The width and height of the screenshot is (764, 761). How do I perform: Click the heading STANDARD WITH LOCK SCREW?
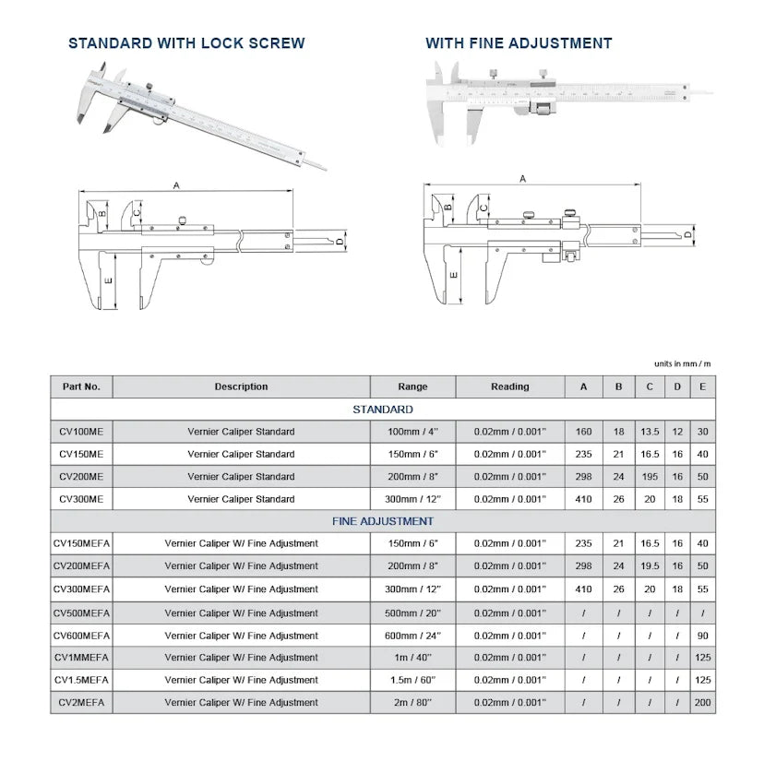click(x=186, y=43)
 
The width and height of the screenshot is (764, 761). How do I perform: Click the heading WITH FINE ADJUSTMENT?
click(x=518, y=43)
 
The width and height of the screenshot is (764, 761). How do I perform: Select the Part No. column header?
click(x=81, y=386)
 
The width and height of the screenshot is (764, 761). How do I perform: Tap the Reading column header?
click(x=509, y=386)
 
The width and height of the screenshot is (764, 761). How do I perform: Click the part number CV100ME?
click(x=81, y=432)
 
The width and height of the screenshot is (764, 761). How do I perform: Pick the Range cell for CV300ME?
click(x=412, y=499)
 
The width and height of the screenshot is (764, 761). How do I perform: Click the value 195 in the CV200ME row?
click(x=650, y=477)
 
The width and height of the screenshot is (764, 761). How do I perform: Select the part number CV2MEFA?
click(x=81, y=703)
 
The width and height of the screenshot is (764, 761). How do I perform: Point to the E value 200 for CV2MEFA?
click(x=702, y=703)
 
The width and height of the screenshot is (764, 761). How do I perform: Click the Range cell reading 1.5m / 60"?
click(x=412, y=680)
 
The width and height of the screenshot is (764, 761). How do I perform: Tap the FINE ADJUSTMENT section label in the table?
click(x=382, y=521)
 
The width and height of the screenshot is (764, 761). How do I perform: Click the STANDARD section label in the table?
click(x=382, y=410)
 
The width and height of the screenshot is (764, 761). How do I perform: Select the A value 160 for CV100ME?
click(x=583, y=432)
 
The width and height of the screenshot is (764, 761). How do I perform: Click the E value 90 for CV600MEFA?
click(x=702, y=635)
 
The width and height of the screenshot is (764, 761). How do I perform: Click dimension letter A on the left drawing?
click(x=175, y=185)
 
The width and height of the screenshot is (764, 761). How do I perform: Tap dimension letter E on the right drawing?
click(x=454, y=275)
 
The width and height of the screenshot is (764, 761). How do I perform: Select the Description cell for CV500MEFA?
click(x=241, y=612)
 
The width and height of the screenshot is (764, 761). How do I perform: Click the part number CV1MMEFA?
click(x=81, y=657)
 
